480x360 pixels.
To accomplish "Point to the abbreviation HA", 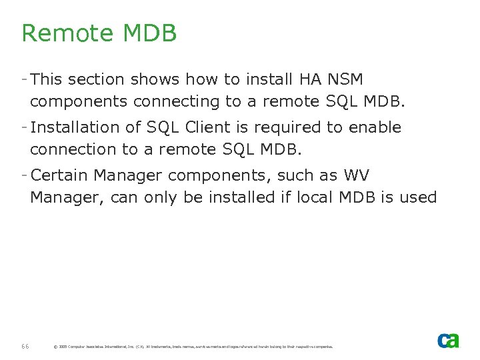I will (310, 79).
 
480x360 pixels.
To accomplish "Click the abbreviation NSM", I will (345, 79).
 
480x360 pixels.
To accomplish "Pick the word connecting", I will (177, 102).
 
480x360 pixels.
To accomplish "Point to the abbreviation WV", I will (355, 175).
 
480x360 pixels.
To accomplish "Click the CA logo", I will (447, 340).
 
